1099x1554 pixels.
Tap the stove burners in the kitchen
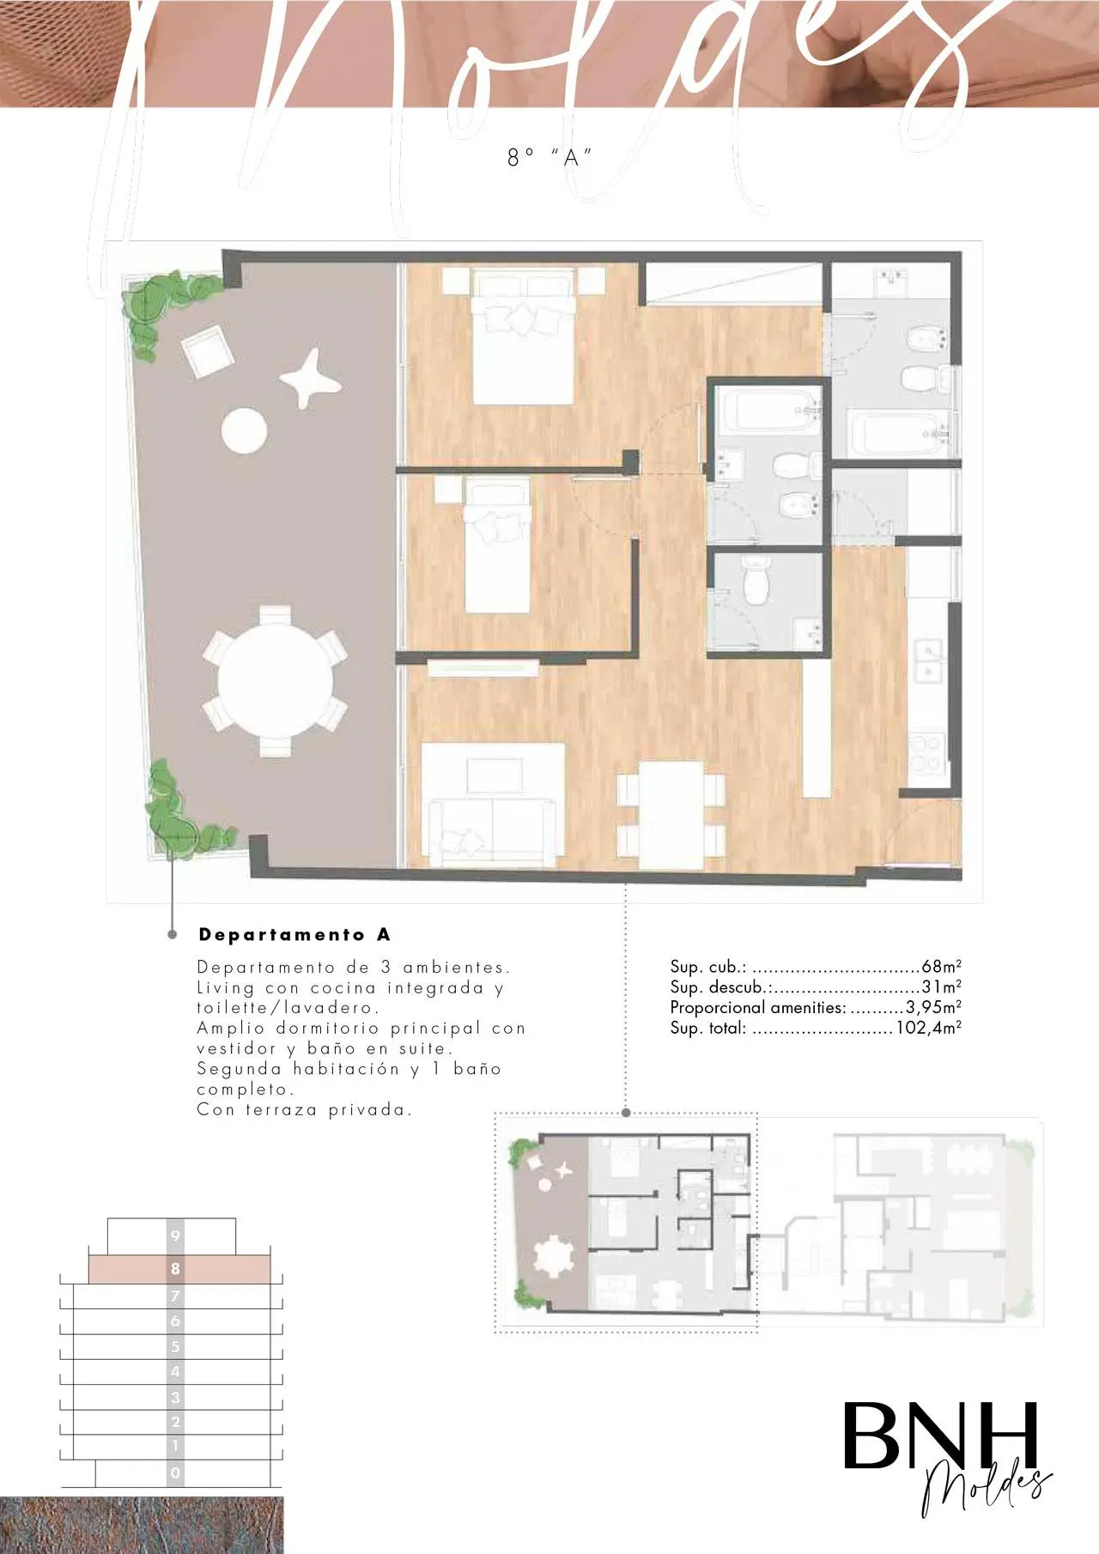[x=927, y=754]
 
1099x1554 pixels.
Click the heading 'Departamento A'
[x=294, y=934]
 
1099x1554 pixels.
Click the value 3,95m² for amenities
[x=933, y=1007]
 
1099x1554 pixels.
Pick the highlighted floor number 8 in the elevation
[x=175, y=1268]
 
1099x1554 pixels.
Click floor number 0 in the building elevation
[x=175, y=1473]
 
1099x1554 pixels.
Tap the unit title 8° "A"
[x=549, y=157]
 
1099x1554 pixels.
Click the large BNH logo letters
[x=939, y=1437]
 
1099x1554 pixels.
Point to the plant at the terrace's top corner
[x=163, y=309]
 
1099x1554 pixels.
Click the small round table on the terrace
[x=244, y=430]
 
